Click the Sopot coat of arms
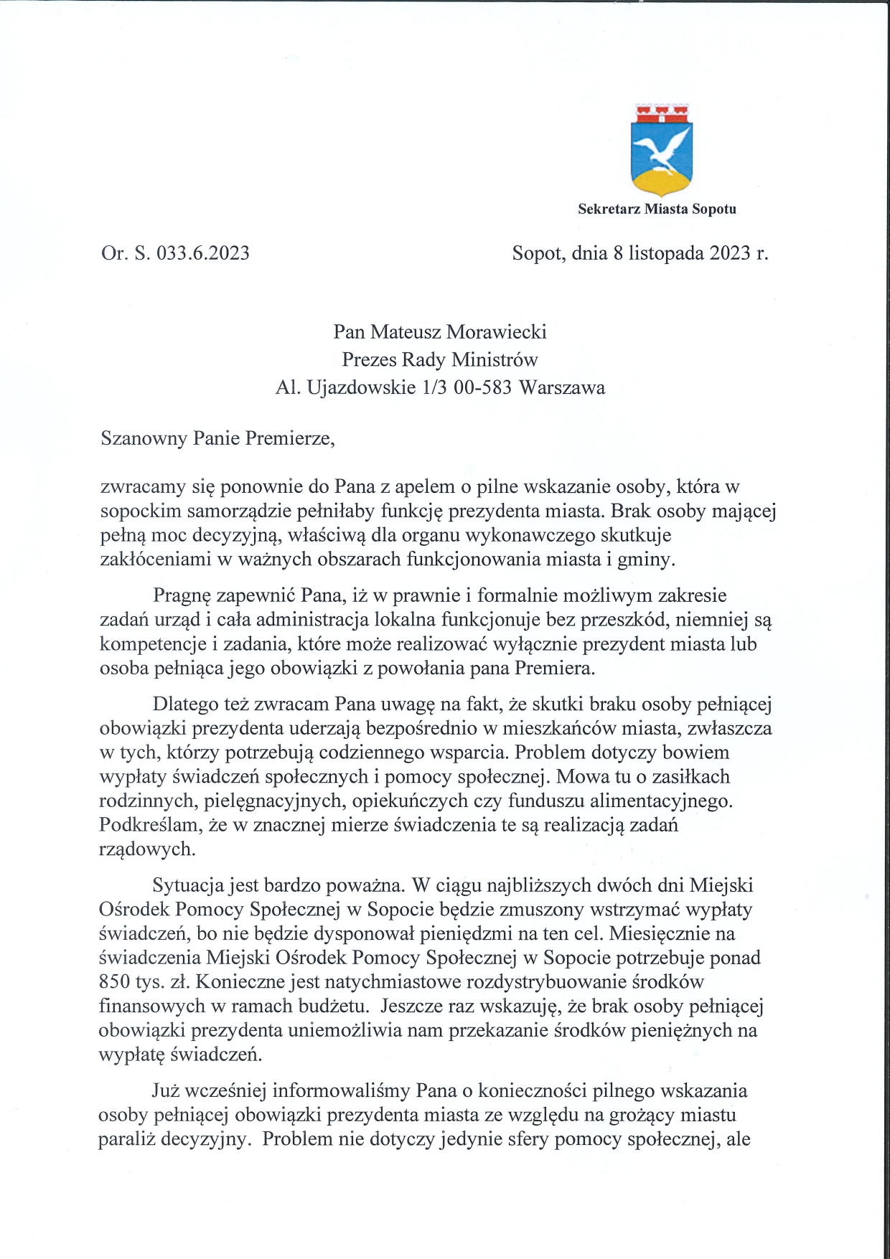click(660, 151)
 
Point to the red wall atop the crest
click(660, 113)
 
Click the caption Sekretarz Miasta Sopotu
click(657, 209)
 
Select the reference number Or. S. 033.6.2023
click(175, 253)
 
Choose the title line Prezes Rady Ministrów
click(439, 359)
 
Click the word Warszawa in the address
click(562, 387)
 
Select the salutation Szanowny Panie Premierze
click(218, 438)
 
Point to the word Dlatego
click(182, 704)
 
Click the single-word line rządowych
click(147, 850)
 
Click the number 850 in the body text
click(115, 981)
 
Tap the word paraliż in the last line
click(126, 1140)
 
